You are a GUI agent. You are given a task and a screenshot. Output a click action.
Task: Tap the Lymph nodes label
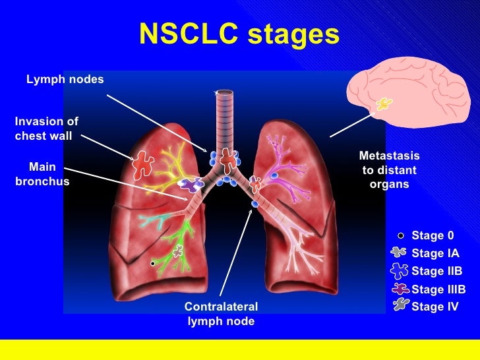(x=65, y=79)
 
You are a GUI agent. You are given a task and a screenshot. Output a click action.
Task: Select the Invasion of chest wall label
(x=46, y=129)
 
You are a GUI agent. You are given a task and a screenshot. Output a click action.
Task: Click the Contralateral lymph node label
(x=221, y=314)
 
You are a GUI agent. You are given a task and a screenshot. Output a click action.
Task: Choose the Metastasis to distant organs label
(x=389, y=170)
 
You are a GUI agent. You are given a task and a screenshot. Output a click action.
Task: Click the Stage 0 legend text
(x=433, y=235)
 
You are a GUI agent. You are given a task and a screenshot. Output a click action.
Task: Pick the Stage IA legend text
(x=435, y=253)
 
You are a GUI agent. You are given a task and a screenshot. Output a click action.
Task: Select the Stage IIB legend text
(x=436, y=271)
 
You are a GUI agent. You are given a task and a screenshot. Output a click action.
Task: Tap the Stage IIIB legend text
(x=438, y=289)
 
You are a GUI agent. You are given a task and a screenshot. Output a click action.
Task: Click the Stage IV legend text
(x=435, y=307)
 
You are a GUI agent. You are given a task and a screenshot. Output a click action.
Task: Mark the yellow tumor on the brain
(x=383, y=104)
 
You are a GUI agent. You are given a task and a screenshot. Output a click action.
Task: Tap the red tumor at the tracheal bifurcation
(x=227, y=159)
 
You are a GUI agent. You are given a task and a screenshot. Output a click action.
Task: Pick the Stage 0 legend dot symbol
(x=400, y=235)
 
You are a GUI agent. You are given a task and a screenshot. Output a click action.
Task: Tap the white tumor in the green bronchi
(x=177, y=251)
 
